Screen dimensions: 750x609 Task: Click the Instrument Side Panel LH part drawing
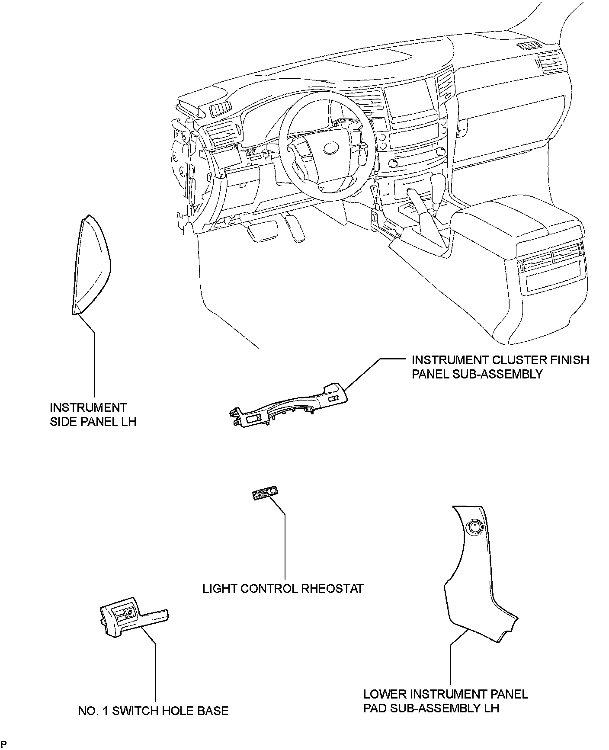pyautogui.click(x=91, y=264)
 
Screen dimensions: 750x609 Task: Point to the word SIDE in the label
pyautogui.click(x=65, y=422)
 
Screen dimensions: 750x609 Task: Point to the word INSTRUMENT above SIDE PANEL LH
pyautogui.click(x=88, y=407)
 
